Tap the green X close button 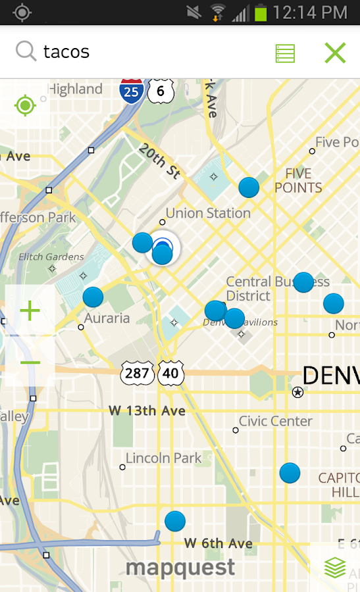335,53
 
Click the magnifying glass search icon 26,51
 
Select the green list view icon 285,53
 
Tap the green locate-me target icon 26,105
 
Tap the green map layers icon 335,568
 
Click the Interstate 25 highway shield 132,90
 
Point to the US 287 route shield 137,374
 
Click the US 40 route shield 170,374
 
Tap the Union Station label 208,213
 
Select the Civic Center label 275,421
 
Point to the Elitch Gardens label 51,257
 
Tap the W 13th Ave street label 147,411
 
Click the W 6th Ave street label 218,543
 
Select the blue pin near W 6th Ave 175,521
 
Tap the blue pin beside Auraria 93,297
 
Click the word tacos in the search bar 66,52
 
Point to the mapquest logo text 180,567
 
